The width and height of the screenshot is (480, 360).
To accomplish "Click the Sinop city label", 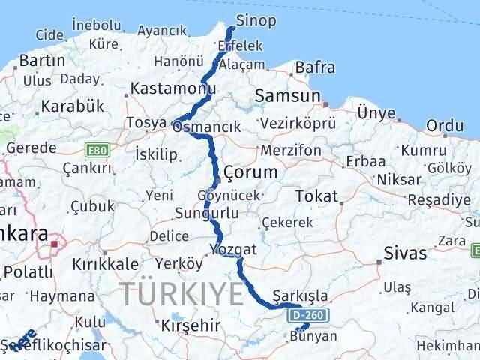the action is [x=256, y=20].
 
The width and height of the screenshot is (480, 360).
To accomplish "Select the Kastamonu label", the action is [x=168, y=88].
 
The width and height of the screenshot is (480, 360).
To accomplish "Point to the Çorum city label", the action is [x=250, y=172].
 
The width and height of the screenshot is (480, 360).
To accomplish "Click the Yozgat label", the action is [x=233, y=249].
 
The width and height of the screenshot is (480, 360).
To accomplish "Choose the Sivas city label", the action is [x=405, y=252].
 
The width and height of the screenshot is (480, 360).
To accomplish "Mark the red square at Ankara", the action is [x=55, y=243].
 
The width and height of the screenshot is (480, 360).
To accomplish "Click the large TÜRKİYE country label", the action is [x=184, y=292].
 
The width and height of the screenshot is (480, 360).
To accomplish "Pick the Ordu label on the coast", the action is [x=445, y=125].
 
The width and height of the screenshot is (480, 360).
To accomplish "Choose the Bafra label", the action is [x=315, y=68].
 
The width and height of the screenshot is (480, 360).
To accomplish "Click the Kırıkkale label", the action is [x=105, y=264].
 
